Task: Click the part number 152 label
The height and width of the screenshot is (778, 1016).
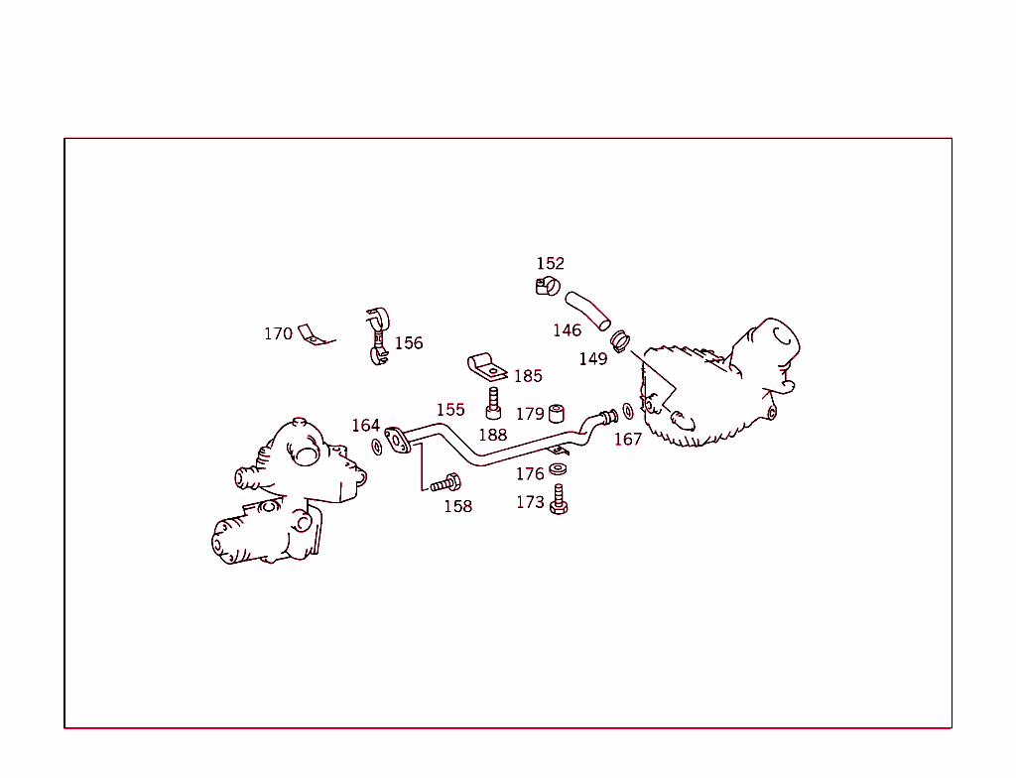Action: pos(550,263)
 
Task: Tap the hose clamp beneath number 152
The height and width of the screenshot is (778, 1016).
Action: pos(548,285)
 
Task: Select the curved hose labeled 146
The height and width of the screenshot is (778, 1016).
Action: pos(587,312)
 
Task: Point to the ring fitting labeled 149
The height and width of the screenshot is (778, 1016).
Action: pos(620,341)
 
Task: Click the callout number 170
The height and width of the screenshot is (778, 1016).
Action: pos(278,333)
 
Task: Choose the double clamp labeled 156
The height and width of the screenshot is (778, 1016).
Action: pos(377,335)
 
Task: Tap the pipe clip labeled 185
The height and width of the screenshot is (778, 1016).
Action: pos(487,367)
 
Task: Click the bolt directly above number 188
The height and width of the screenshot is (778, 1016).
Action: pos(493,403)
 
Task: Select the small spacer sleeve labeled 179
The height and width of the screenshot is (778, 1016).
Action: pos(557,414)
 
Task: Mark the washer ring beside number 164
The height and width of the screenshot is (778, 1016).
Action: pos(377,447)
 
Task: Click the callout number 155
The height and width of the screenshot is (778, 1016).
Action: pos(450,410)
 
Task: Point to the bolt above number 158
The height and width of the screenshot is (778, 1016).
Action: pos(445,483)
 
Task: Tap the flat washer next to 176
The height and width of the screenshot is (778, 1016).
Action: pos(558,468)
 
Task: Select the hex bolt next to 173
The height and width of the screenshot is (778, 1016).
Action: pos(559,499)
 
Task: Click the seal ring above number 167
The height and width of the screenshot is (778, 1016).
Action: pos(628,411)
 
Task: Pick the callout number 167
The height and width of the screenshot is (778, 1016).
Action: pos(628,440)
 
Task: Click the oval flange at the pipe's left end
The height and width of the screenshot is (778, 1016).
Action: pos(397,441)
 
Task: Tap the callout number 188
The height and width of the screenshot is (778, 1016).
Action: pos(493,435)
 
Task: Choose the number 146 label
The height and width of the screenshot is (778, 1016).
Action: pos(567,330)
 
